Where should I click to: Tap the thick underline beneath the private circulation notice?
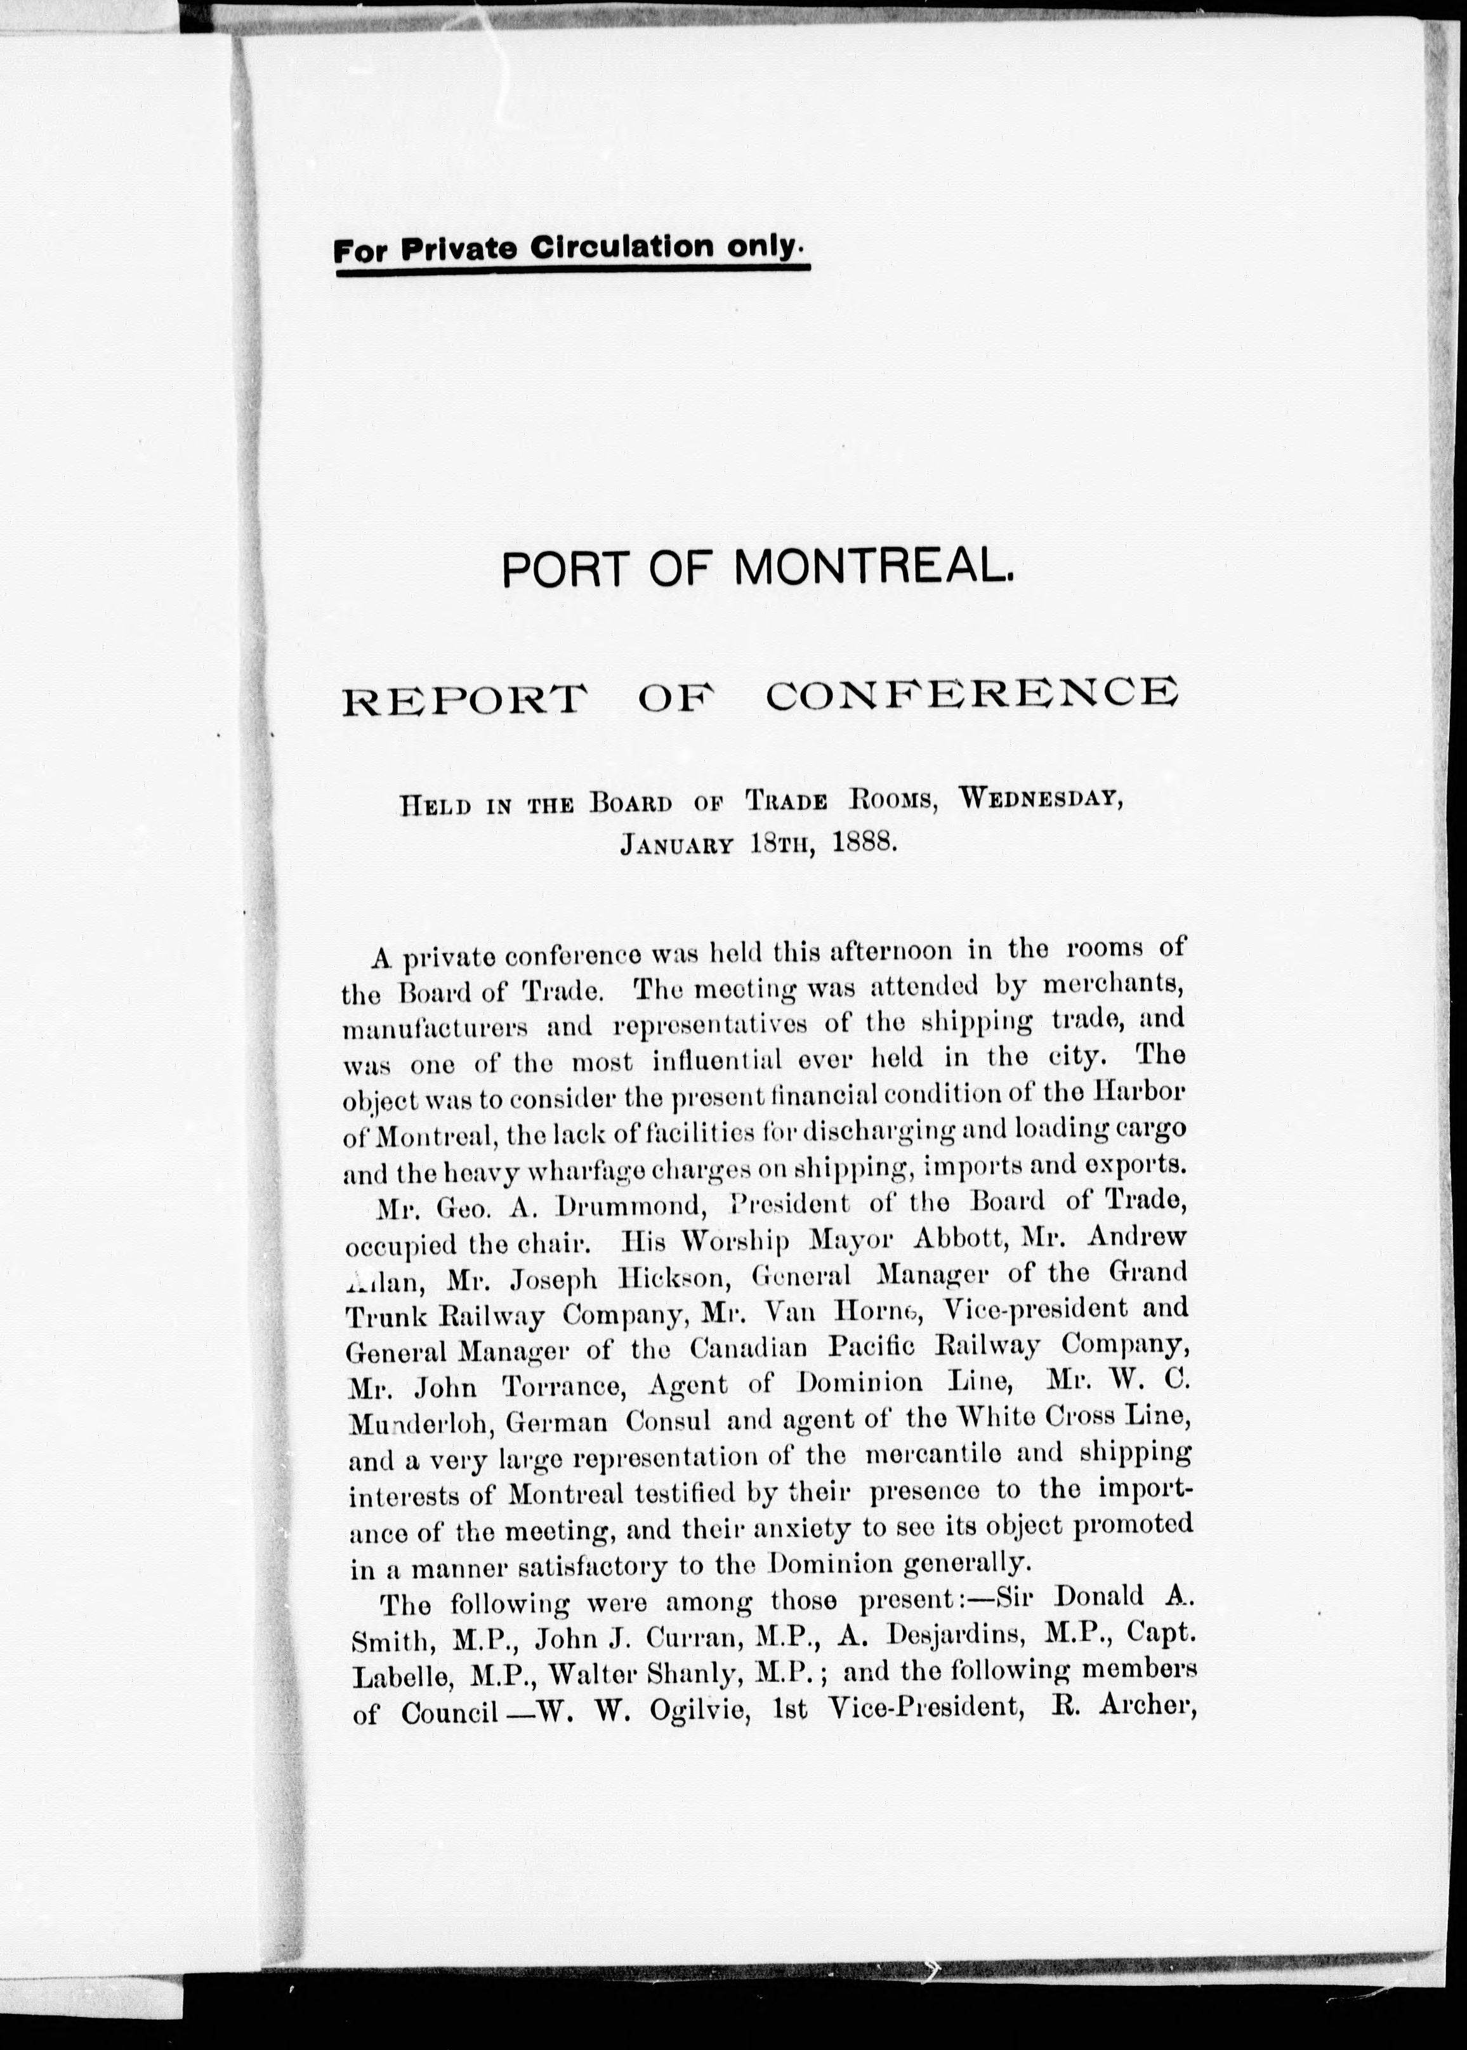click(573, 266)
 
